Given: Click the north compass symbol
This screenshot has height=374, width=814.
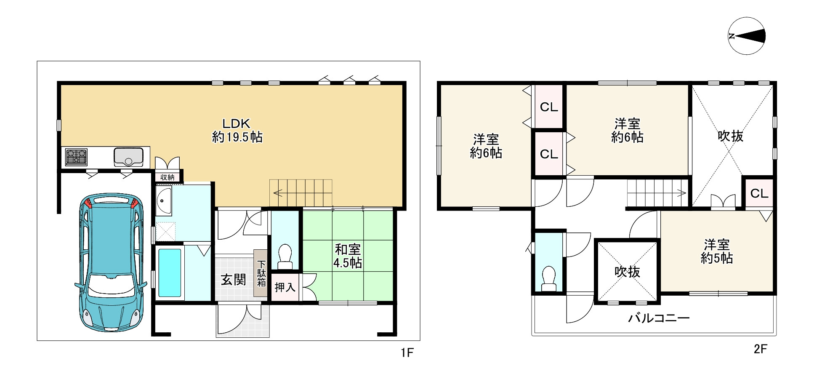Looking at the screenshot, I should pos(746,36).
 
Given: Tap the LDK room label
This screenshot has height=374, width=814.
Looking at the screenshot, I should pos(237,130).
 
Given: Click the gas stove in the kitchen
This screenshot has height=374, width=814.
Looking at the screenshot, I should pos(76,157).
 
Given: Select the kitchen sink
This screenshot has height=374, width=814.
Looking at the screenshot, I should pos(128,157).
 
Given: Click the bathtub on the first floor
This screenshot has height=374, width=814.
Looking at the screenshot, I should pos(170,272).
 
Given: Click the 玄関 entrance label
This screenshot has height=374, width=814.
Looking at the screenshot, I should pos(234,279).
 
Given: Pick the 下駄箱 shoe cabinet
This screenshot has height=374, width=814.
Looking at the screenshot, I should pos(261,273).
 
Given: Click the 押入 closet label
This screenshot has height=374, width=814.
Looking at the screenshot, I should pos(285,287).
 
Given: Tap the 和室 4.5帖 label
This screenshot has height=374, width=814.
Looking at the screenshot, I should pos(348,256).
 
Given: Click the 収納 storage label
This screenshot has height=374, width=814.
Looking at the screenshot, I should pos(168,177).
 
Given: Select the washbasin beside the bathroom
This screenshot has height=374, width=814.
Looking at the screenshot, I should pos(164,200).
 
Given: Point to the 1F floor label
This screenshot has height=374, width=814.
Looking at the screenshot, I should pos(407,353).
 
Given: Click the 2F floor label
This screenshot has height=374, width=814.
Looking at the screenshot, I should pos(760,349).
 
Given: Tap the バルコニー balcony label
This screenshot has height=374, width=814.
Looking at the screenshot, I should pos(659,318).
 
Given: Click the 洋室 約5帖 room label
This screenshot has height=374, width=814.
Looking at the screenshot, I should pos(717,251).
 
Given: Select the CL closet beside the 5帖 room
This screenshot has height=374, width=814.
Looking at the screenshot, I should pos(759,193).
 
